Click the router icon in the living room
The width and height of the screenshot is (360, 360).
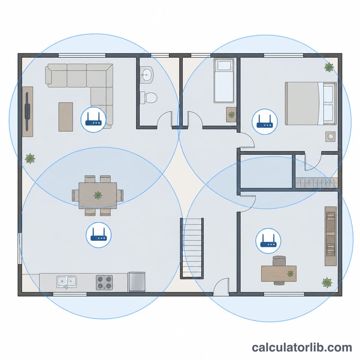(93, 120)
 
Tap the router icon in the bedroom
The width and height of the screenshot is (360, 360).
(265, 121)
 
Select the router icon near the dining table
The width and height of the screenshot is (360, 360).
(99, 235)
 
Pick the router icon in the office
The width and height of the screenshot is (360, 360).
(268, 241)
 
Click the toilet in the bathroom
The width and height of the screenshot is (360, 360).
(148, 98)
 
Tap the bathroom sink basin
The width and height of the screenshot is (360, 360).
(147, 74)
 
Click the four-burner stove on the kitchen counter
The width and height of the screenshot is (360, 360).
(104, 283)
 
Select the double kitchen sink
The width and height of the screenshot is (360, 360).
(67, 282)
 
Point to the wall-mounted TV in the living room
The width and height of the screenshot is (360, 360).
(27, 112)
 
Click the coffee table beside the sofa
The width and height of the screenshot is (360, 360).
(66, 117)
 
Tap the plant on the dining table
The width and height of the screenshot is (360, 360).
(98, 195)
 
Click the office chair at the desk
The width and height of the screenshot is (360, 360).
(279, 261)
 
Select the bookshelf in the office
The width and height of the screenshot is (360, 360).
(331, 236)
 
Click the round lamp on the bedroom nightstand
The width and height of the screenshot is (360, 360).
(330, 136)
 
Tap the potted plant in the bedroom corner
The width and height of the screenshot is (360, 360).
(329, 67)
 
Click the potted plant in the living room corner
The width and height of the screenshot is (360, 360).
(30, 158)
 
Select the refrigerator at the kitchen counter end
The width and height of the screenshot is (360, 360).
(136, 282)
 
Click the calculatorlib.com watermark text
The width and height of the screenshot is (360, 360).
(302, 347)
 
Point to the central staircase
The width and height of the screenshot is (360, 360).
(192, 248)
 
